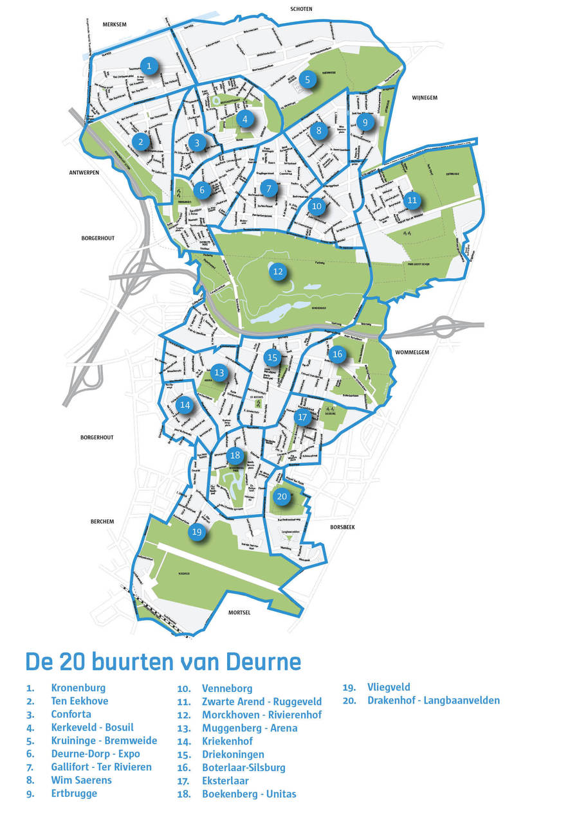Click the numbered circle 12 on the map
(x=278, y=272)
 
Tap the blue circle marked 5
(x=308, y=80)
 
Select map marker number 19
(x=197, y=532)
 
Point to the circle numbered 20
(x=281, y=496)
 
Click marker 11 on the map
(x=412, y=200)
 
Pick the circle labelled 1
(x=149, y=66)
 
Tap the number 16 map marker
(x=337, y=354)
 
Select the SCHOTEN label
(x=301, y=9)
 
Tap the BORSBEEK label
(x=342, y=527)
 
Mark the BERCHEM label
(x=102, y=521)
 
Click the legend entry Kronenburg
(x=78, y=688)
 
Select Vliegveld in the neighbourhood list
(x=389, y=687)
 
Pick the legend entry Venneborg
(x=227, y=688)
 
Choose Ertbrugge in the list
(x=74, y=793)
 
